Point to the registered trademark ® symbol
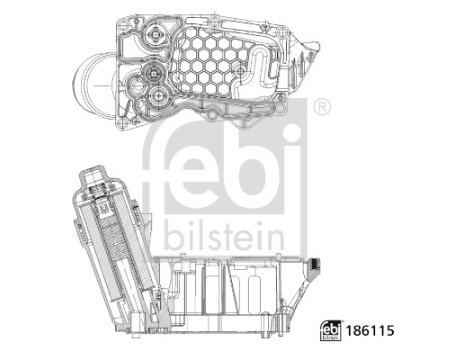click(x=321, y=109)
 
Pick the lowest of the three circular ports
click(x=160, y=95)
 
